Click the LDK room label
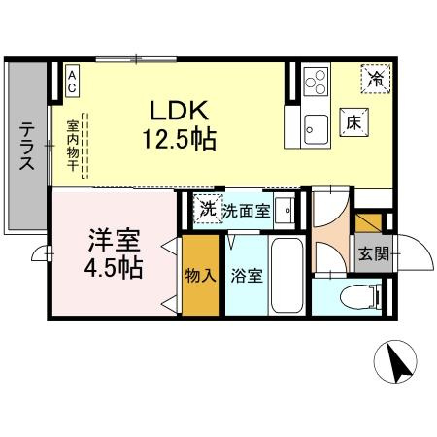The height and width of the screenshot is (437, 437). (180, 109)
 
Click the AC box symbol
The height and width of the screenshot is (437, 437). (73, 81)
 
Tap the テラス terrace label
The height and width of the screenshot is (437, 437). (26, 146)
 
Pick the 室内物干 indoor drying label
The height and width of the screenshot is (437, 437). (73, 146)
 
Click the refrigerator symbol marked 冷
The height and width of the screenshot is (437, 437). (375, 79)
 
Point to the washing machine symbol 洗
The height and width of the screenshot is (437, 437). (206, 209)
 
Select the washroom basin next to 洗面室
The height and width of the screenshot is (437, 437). (284, 210)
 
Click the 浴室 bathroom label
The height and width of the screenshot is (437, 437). (246, 276)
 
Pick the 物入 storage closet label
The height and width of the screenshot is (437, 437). (200, 276)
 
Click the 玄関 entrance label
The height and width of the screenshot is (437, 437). (372, 255)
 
